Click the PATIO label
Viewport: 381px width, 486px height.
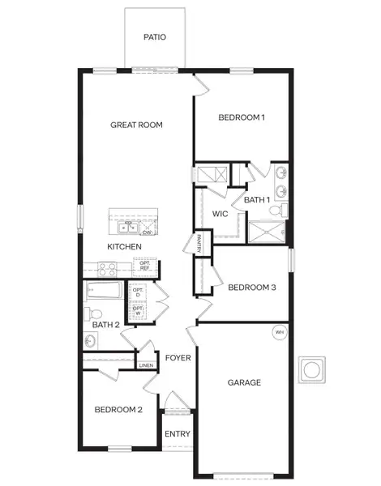pos(154,37)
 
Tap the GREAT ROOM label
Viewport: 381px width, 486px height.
pos(137,125)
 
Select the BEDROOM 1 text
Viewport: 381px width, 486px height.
pos(242,117)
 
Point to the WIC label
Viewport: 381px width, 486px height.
pos(220,214)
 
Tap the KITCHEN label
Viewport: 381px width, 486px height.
pos(125,246)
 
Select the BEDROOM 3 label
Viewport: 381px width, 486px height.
pos(252,287)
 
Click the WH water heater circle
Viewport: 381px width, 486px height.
pos(280,331)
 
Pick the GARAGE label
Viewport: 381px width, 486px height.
pos(243,382)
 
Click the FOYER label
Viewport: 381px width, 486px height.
pos(177,357)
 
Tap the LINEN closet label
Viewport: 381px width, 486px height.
pos(146,365)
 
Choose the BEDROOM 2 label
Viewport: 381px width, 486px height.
pos(118,410)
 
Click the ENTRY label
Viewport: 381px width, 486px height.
pos(178,434)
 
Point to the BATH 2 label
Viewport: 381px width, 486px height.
pos(105,325)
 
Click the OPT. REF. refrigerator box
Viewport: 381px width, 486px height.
pos(146,265)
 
